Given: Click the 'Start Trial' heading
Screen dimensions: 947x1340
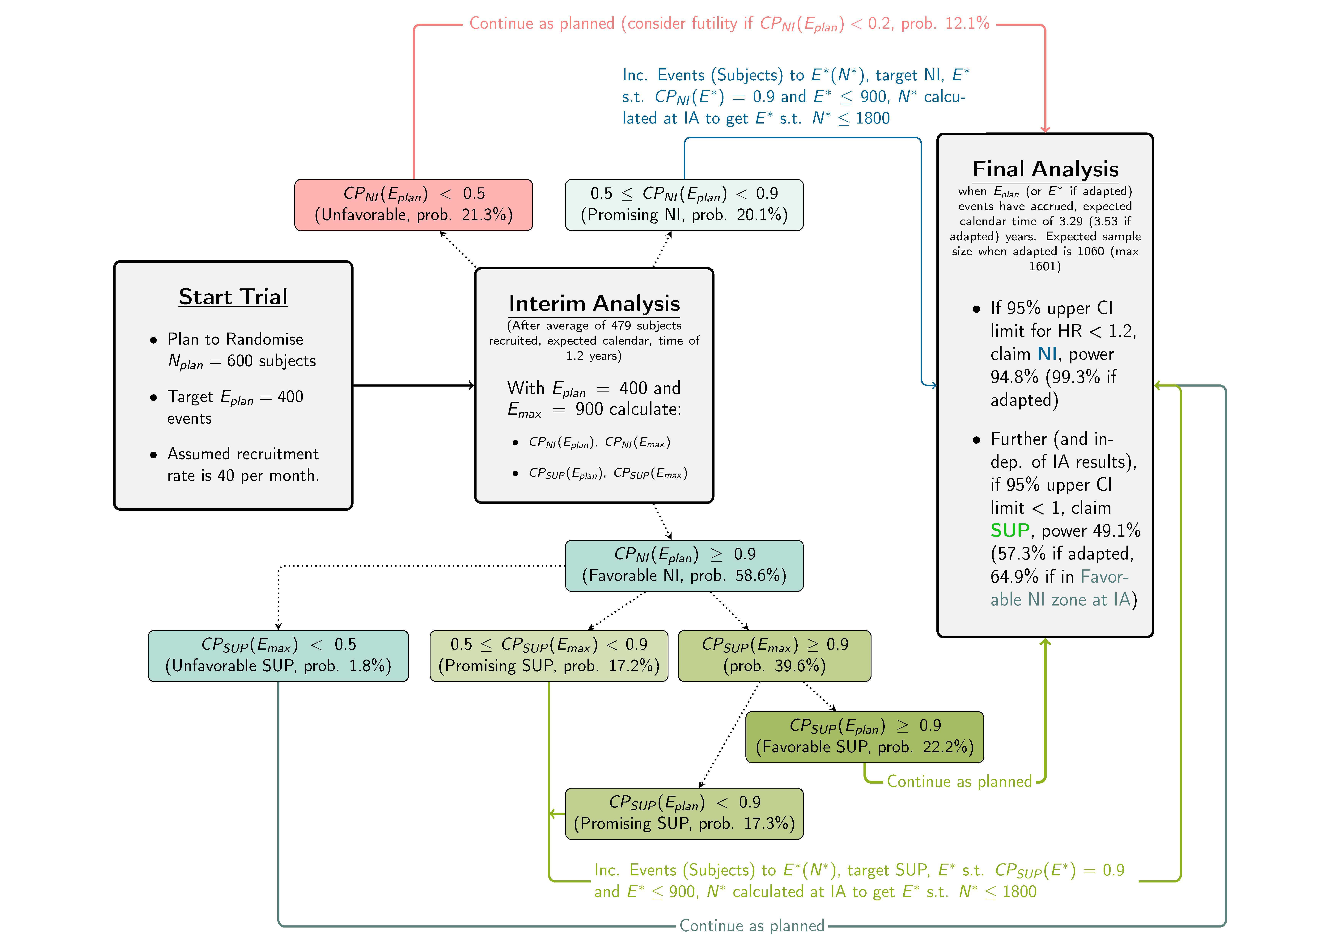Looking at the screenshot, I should point(233,297).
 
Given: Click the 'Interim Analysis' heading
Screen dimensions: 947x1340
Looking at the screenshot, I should point(594,303).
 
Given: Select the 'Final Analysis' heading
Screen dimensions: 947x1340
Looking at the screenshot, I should point(1045,169).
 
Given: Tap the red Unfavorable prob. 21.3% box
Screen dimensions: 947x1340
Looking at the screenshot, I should point(413,205).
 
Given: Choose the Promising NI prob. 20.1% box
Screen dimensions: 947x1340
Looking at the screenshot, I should point(684,205).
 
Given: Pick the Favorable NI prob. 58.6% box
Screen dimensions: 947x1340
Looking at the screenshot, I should point(684,565).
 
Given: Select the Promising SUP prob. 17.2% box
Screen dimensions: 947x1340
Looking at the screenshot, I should point(549,655).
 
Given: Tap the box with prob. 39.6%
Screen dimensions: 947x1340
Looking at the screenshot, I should point(774,655).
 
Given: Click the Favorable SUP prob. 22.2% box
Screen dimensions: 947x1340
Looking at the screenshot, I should point(864,736).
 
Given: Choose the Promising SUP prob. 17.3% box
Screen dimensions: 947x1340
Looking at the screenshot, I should point(684,813).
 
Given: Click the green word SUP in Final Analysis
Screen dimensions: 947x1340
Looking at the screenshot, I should point(1010,530).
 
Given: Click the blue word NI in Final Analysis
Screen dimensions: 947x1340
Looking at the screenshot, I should point(1047,354).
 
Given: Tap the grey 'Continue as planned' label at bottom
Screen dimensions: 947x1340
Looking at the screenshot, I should point(752,925).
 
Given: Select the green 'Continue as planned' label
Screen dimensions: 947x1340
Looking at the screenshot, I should point(959,781).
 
